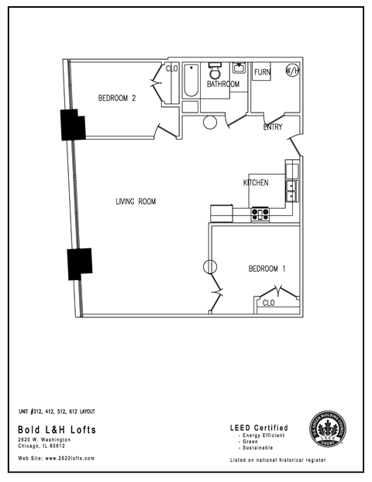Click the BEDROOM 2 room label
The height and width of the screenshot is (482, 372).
117,98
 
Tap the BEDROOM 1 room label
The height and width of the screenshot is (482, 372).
267,269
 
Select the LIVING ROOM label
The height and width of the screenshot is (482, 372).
136,202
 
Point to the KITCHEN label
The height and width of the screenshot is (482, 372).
256,183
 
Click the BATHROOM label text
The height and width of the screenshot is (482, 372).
222,84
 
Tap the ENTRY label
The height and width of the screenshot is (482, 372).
273,127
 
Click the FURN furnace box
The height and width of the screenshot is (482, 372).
262,71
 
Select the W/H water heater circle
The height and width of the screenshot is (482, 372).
292,71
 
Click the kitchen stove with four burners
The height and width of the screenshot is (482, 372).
260,212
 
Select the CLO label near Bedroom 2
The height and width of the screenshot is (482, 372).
172,69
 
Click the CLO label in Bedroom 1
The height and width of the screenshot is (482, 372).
268,303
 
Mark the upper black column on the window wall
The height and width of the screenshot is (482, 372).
72,124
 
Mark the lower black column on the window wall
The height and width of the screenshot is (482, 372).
79,264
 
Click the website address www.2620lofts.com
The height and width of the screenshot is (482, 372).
56,459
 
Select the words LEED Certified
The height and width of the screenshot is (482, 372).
259,428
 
